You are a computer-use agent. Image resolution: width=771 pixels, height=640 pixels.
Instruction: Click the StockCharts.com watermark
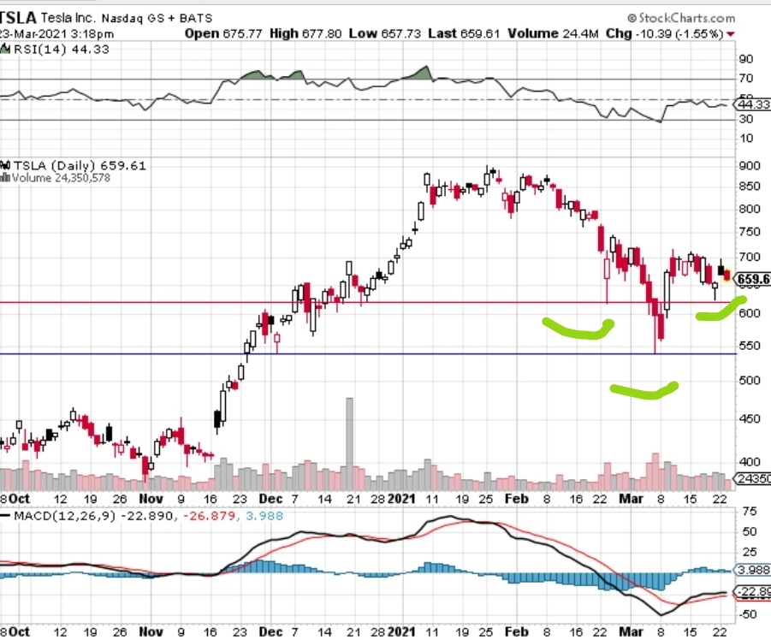pos(680,17)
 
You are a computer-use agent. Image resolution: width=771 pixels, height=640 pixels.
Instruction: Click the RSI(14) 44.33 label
pos(49,49)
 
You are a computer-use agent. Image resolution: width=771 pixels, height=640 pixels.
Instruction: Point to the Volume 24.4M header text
pos(542,33)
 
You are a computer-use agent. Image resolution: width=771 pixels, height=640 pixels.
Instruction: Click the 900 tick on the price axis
pos(748,165)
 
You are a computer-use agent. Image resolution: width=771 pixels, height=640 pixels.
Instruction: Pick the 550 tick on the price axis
pos(748,345)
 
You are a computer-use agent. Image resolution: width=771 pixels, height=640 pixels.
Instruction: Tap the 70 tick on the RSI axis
pos(745,80)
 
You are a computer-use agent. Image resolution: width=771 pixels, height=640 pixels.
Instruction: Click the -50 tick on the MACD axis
pos(747,614)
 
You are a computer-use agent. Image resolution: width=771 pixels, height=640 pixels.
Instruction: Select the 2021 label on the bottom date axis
pos(401,496)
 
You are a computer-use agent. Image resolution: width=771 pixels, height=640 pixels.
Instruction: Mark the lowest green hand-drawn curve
pos(643,391)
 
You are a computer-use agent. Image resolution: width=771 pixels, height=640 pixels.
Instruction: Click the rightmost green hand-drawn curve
pos(721,310)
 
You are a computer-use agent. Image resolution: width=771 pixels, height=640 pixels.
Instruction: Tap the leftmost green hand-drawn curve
pos(578,329)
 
